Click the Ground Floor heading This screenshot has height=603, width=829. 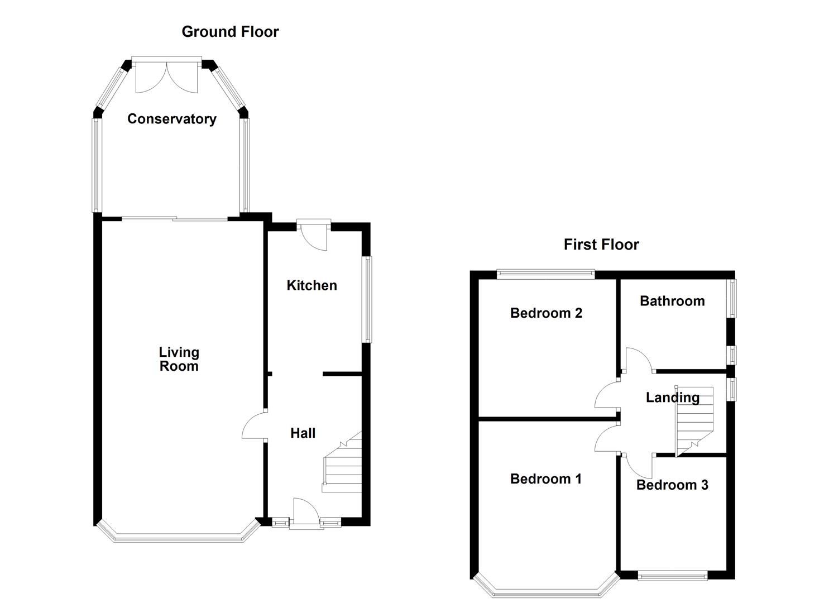[230, 32]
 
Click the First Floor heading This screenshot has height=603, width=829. [601, 245]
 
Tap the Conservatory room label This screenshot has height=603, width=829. [171, 119]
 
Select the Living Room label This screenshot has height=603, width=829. [179, 359]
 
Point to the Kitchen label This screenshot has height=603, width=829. [312, 285]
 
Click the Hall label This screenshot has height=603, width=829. [303, 433]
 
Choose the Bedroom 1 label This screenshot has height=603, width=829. [545, 479]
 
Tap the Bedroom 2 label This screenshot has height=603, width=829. [545, 313]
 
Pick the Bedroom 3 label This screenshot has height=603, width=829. [672, 485]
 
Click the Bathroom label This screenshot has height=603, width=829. [672, 301]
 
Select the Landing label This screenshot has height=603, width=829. [672, 398]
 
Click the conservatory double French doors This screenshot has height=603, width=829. [166, 77]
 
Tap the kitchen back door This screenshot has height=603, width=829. [313, 237]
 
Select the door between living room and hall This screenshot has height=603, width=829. [254, 426]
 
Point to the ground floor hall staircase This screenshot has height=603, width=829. [342, 463]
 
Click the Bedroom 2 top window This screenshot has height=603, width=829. [545, 274]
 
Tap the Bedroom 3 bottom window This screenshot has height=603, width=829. [672, 576]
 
